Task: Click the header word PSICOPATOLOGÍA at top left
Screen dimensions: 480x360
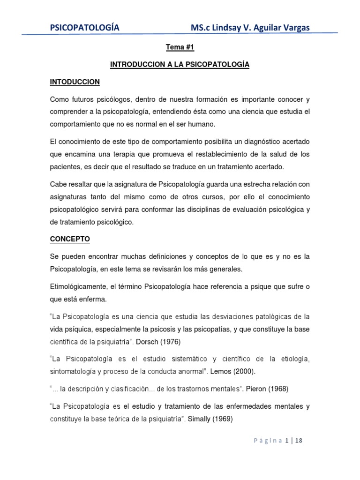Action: point(84,28)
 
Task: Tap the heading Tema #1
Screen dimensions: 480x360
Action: point(180,48)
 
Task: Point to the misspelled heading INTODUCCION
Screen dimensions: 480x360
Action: point(75,82)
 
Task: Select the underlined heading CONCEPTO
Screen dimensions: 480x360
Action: point(70,239)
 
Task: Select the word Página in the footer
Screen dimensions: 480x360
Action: point(268,441)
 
